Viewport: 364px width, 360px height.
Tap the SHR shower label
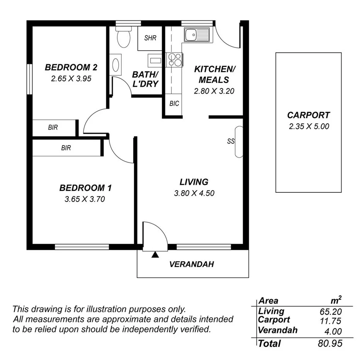point(150,38)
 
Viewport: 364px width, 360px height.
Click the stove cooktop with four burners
point(174,59)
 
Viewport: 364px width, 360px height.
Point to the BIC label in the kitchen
point(174,104)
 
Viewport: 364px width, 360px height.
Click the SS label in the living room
point(231,141)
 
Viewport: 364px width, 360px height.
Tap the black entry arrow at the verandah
point(155,255)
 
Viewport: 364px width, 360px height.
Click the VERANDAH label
point(192,265)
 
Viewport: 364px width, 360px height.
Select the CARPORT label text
point(308,115)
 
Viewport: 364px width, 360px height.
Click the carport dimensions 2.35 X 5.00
point(309,126)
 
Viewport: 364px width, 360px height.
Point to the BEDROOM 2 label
point(71,67)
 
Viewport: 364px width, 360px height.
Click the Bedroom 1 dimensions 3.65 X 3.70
point(85,199)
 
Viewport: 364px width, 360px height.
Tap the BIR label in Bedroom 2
point(53,127)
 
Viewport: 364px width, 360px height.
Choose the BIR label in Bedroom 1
point(66,148)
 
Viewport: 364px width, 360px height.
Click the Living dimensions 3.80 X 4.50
point(194,193)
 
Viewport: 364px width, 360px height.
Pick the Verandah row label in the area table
point(277,330)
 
